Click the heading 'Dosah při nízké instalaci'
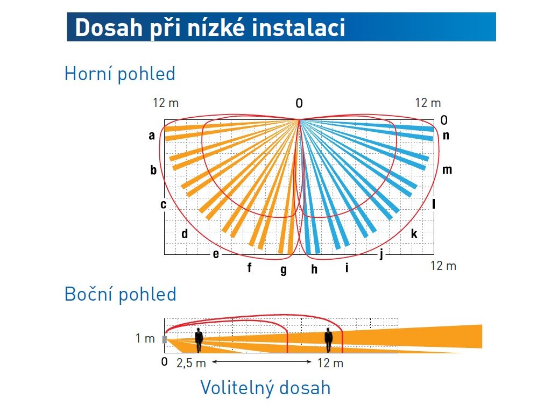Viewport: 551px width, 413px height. click(x=210, y=27)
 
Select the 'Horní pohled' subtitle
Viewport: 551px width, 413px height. click(x=120, y=74)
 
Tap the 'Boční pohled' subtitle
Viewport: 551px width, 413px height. click(x=120, y=294)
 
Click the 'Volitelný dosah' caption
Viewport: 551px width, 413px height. click(x=265, y=388)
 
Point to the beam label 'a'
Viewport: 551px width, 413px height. click(x=151, y=135)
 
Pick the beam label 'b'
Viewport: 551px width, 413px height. click(x=153, y=169)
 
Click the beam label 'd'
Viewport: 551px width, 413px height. click(x=185, y=233)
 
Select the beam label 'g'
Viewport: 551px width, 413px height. click(x=284, y=270)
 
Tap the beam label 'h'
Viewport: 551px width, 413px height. click(x=314, y=269)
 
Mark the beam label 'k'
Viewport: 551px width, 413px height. click(x=414, y=233)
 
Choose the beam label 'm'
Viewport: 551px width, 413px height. click(x=447, y=169)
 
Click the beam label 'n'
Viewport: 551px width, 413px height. click(x=446, y=136)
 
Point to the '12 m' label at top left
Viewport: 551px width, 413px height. click(x=166, y=103)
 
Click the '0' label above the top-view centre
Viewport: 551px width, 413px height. click(x=299, y=103)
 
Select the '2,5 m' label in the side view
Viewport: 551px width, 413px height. click(x=191, y=363)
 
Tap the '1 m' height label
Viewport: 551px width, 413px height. click(x=145, y=338)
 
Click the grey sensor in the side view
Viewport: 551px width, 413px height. click(x=165, y=339)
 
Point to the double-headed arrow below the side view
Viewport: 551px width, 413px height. click(x=262, y=362)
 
